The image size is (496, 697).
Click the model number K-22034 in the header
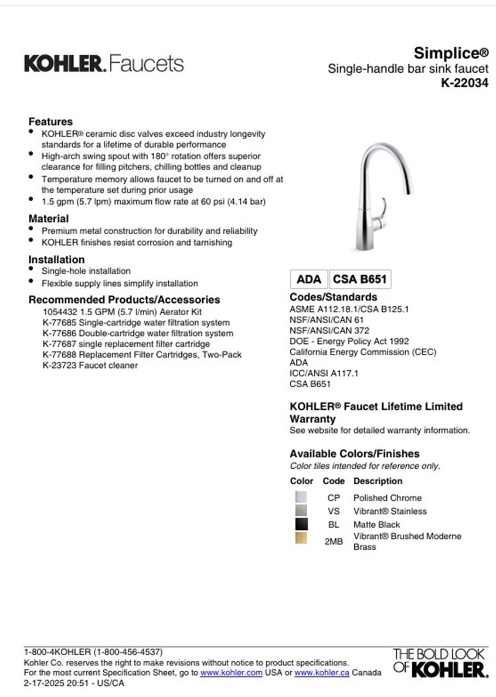(464, 83)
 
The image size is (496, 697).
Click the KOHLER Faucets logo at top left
(104, 64)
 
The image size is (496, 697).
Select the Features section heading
(51, 122)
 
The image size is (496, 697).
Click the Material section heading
(49, 219)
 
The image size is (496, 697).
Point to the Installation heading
(57, 260)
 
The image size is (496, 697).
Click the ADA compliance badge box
(309, 279)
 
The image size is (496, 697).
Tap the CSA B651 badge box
(360, 279)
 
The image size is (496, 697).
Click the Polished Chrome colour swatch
(301, 497)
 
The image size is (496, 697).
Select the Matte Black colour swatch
(301, 524)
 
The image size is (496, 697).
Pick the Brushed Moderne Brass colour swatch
(301, 538)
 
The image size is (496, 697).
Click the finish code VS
(333, 511)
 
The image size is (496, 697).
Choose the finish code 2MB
(333, 541)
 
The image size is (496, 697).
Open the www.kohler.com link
(231, 673)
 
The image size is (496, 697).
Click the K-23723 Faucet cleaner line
(90, 365)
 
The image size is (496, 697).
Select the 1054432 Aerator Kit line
(122, 312)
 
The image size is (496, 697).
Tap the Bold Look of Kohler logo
(439, 663)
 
